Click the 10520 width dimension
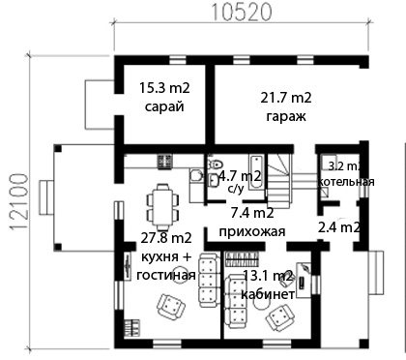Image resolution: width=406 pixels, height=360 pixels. (x=242, y=12)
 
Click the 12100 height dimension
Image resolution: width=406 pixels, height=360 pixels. (x=18, y=201)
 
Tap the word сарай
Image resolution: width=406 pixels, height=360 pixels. (x=164, y=106)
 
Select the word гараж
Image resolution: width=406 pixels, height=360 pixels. (x=286, y=116)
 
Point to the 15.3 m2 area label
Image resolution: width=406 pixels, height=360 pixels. (x=164, y=88)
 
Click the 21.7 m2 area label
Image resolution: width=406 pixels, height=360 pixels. (x=286, y=98)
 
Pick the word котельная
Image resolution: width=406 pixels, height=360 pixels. (x=346, y=182)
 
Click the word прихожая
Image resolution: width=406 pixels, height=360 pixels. (x=252, y=231)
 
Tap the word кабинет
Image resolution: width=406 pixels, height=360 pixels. (x=268, y=294)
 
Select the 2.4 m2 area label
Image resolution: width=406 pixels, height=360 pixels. (x=339, y=227)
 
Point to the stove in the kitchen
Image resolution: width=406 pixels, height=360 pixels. (x=165, y=162)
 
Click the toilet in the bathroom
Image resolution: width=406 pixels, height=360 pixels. (x=215, y=164)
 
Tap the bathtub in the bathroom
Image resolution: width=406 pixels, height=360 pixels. (x=256, y=172)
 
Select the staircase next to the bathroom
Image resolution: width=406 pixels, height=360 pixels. (x=279, y=181)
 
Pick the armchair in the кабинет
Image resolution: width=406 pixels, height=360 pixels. (x=280, y=316)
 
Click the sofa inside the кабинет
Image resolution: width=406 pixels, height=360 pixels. (x=235, y=301)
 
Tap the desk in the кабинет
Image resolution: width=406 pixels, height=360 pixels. (x=304, y=280)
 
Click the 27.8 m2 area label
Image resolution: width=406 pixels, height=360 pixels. (x=166, y=238)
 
